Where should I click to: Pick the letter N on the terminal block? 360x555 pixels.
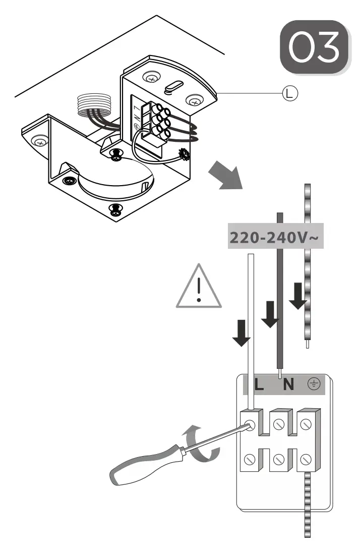(288, 385)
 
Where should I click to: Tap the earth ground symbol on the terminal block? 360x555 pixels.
(314, 384)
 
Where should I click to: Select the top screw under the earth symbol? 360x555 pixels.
(306, 425)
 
